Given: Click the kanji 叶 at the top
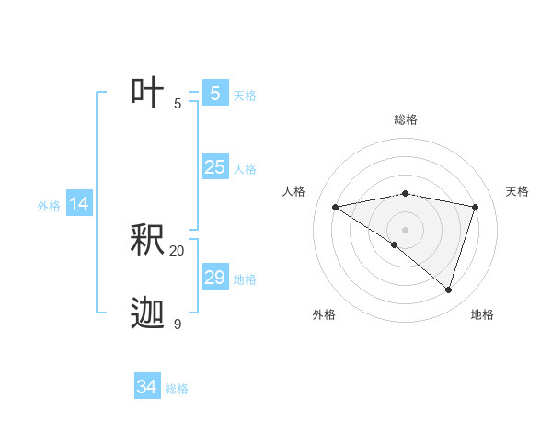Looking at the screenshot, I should (x=147, y=93).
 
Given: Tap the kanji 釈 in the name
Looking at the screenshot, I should (x=147, y=240).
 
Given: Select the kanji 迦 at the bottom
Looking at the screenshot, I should (x=147, y=313).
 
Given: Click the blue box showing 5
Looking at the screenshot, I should (x=214, y=93).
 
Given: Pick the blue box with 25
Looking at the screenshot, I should (x=214, y=167).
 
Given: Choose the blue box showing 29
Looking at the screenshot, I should (x=214, y=278).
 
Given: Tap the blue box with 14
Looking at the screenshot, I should (x=79, y=204).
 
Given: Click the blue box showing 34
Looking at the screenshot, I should (x=146, y=387).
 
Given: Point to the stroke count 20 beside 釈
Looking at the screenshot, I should (x=178, y=250).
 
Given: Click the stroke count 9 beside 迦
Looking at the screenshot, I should (x=178, y=324).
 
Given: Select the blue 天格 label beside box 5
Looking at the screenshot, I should (x=245, y=96).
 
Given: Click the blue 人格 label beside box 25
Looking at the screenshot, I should (x=245, y=169).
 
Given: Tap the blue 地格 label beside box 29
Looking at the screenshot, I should (x=245, y=279).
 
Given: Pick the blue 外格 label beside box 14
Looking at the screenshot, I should (x=49, y=207).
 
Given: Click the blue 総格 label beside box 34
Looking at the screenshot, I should (x=177, y=390).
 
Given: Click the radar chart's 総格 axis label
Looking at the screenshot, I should (x=405, y=119).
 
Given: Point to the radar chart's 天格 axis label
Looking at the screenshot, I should (x=517, y=191).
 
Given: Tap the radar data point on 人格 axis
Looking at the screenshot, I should (x=336, y=207).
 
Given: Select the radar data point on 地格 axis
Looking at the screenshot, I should (x=448, y=290).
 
